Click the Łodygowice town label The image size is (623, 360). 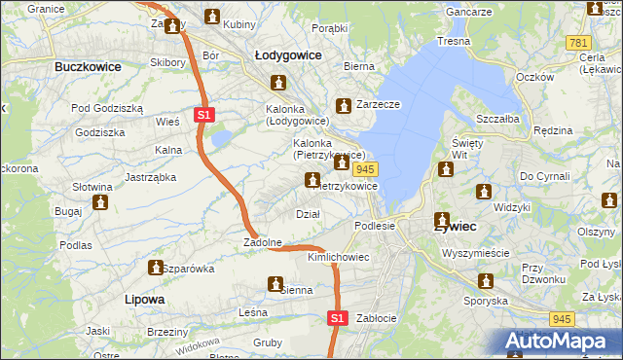[288, 56]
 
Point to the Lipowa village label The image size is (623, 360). [145, 299]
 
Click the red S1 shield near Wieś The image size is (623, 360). [203, 115]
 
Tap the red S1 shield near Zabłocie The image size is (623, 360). [337, 318]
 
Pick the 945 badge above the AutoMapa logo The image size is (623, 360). [561, 317]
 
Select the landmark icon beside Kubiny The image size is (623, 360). [213, 16]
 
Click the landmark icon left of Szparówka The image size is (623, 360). [155, 267]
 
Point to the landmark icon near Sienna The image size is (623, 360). [275, 284]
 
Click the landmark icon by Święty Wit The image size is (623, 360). [447, 169]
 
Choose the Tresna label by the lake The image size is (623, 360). [454, 42]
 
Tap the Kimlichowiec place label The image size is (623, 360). [338, 257]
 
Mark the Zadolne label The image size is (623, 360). [263, 242]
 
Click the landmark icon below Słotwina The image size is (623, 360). [99, 202]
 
